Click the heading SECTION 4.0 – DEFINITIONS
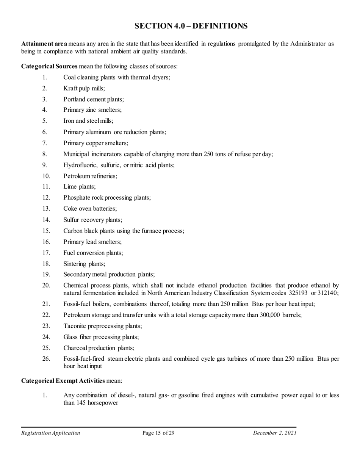pos(191,26)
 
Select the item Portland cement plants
pos(94,99)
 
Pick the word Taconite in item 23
pos(75,326)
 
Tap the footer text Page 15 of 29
pos(158,433)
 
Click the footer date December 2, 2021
pos(275,433)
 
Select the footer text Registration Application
pos(50,433)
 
